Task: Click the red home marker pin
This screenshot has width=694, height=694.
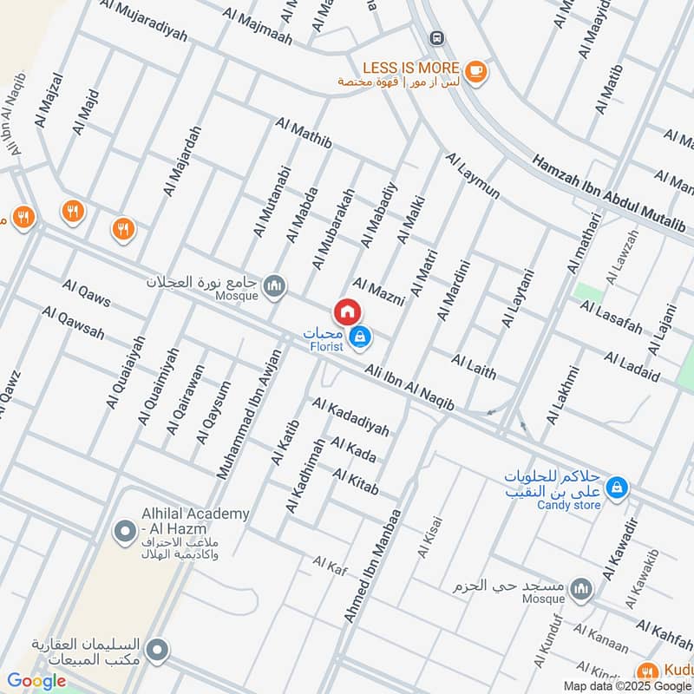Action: pyautogui.click(x=346, y=311)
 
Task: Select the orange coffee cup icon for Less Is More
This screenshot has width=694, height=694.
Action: pyautogui.click(x=474, y=70)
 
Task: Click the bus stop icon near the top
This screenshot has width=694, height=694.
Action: pyautogui.click(x=436, y=37)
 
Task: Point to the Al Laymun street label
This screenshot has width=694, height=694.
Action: pyautogui.click(x=473, y=176)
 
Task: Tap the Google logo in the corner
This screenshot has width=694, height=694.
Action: pyautogui.click(x=36, y=681)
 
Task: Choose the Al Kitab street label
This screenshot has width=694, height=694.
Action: pyautogui.click(x=356, y=481)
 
